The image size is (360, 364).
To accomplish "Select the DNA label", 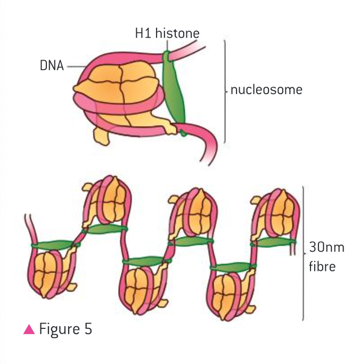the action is coord(52,67).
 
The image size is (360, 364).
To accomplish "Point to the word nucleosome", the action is coord(266,89).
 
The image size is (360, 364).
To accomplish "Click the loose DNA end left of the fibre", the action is coord(30,226).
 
